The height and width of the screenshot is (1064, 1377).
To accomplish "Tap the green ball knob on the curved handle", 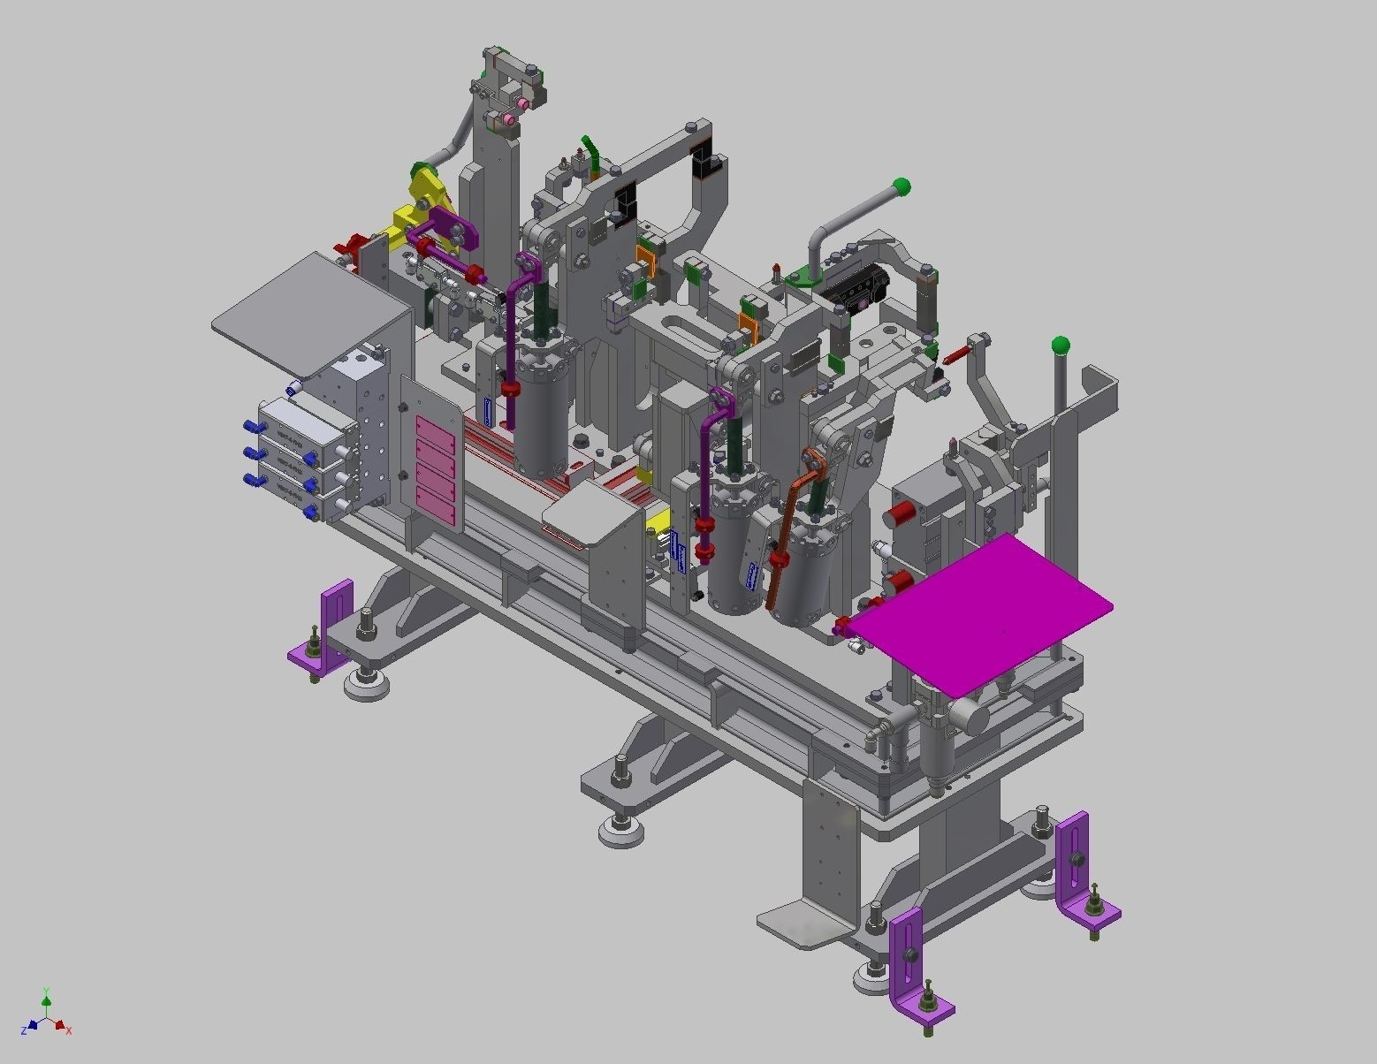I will coord(901,186).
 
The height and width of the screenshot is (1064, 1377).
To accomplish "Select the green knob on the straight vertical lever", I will coord(1061,345).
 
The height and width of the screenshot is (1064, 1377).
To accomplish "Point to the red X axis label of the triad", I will coord(69,1030).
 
